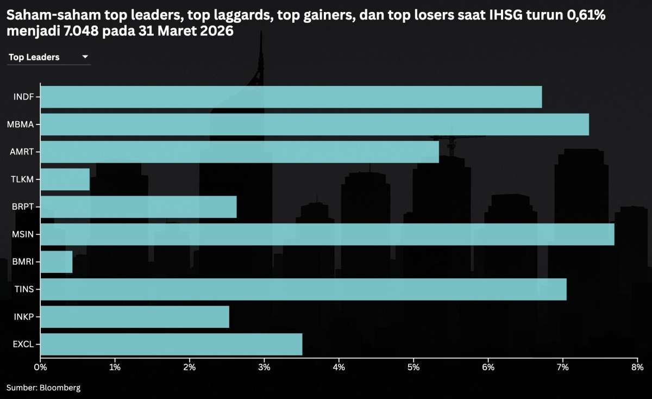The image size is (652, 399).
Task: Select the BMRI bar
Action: tap(57, 262)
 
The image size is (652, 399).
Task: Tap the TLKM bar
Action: tap(65, 179)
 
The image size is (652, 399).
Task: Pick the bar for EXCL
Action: tap(171, 344)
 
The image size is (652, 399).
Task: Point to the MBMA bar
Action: tap(315, 124)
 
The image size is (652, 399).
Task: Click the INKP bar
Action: tap(135, 317)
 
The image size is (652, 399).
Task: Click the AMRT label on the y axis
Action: tap(22, 152)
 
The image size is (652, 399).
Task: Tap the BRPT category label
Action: tap(23, 207)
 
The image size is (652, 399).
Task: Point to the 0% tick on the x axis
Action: tap(40, 368)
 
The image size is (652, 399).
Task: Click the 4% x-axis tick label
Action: tap(339, 368)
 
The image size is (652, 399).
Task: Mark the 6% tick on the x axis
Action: tap(488, 368)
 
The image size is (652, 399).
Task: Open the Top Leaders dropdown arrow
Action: tap(85, 57)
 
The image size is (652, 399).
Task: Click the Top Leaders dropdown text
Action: tap(34, 57)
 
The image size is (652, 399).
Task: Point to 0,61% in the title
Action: tap(586, 16)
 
